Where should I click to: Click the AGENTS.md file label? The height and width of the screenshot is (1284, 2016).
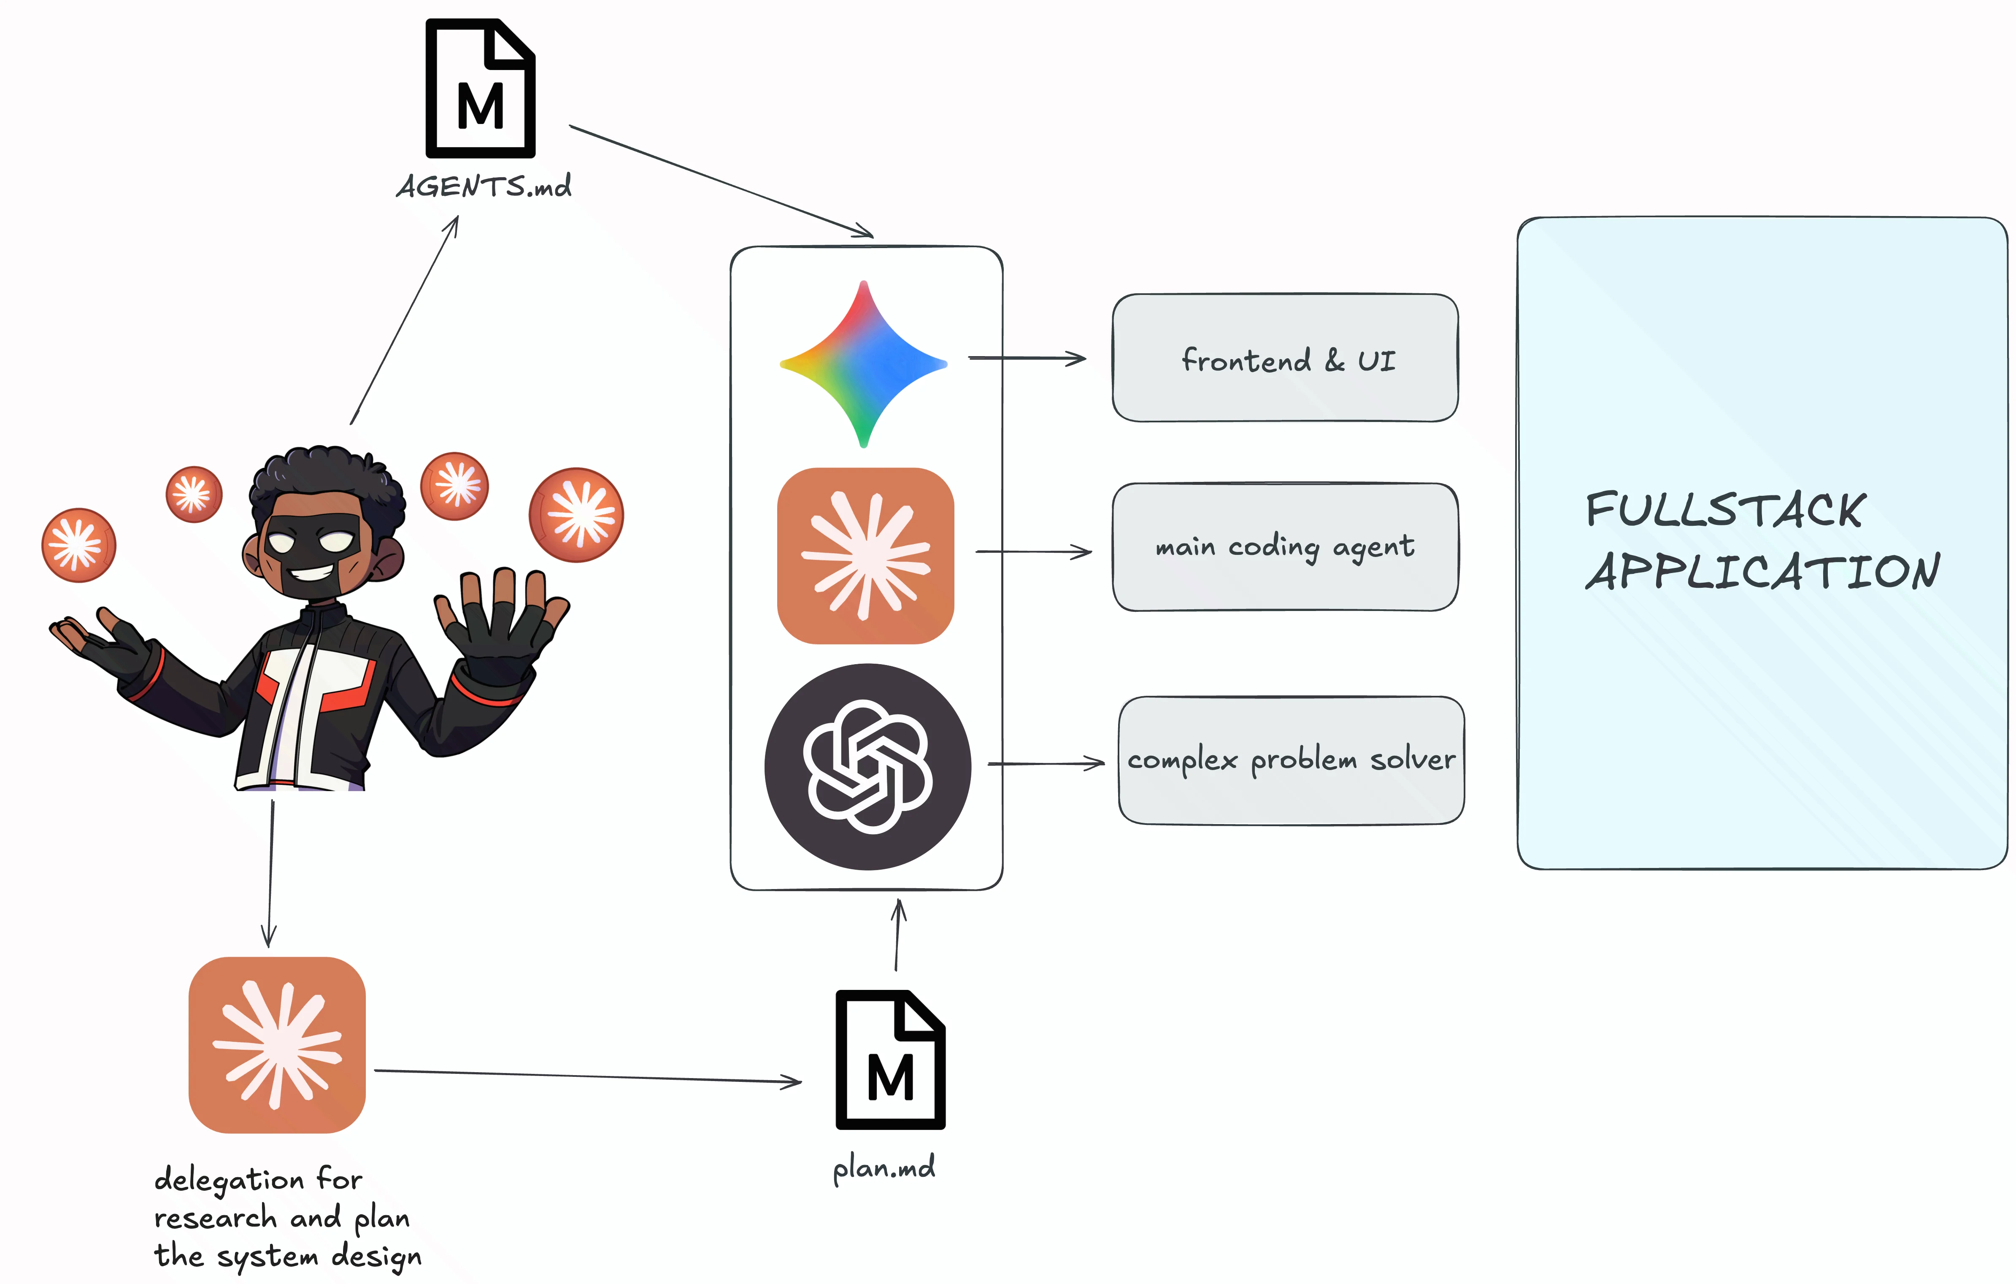coord(484,186)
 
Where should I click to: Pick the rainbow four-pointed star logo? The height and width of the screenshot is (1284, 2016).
coord(863,364)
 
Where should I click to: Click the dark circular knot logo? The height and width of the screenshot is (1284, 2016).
coord(867,767)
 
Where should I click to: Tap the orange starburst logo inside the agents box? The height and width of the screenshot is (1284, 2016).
coord(866,556)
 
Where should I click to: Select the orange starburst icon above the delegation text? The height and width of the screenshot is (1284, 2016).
coord(277,1045)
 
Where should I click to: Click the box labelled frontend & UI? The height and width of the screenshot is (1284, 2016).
coord(1285,358)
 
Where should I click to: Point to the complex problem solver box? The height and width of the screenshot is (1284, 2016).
coord(1291,760)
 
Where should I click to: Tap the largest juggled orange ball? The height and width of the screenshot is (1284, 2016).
coord(576,514)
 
